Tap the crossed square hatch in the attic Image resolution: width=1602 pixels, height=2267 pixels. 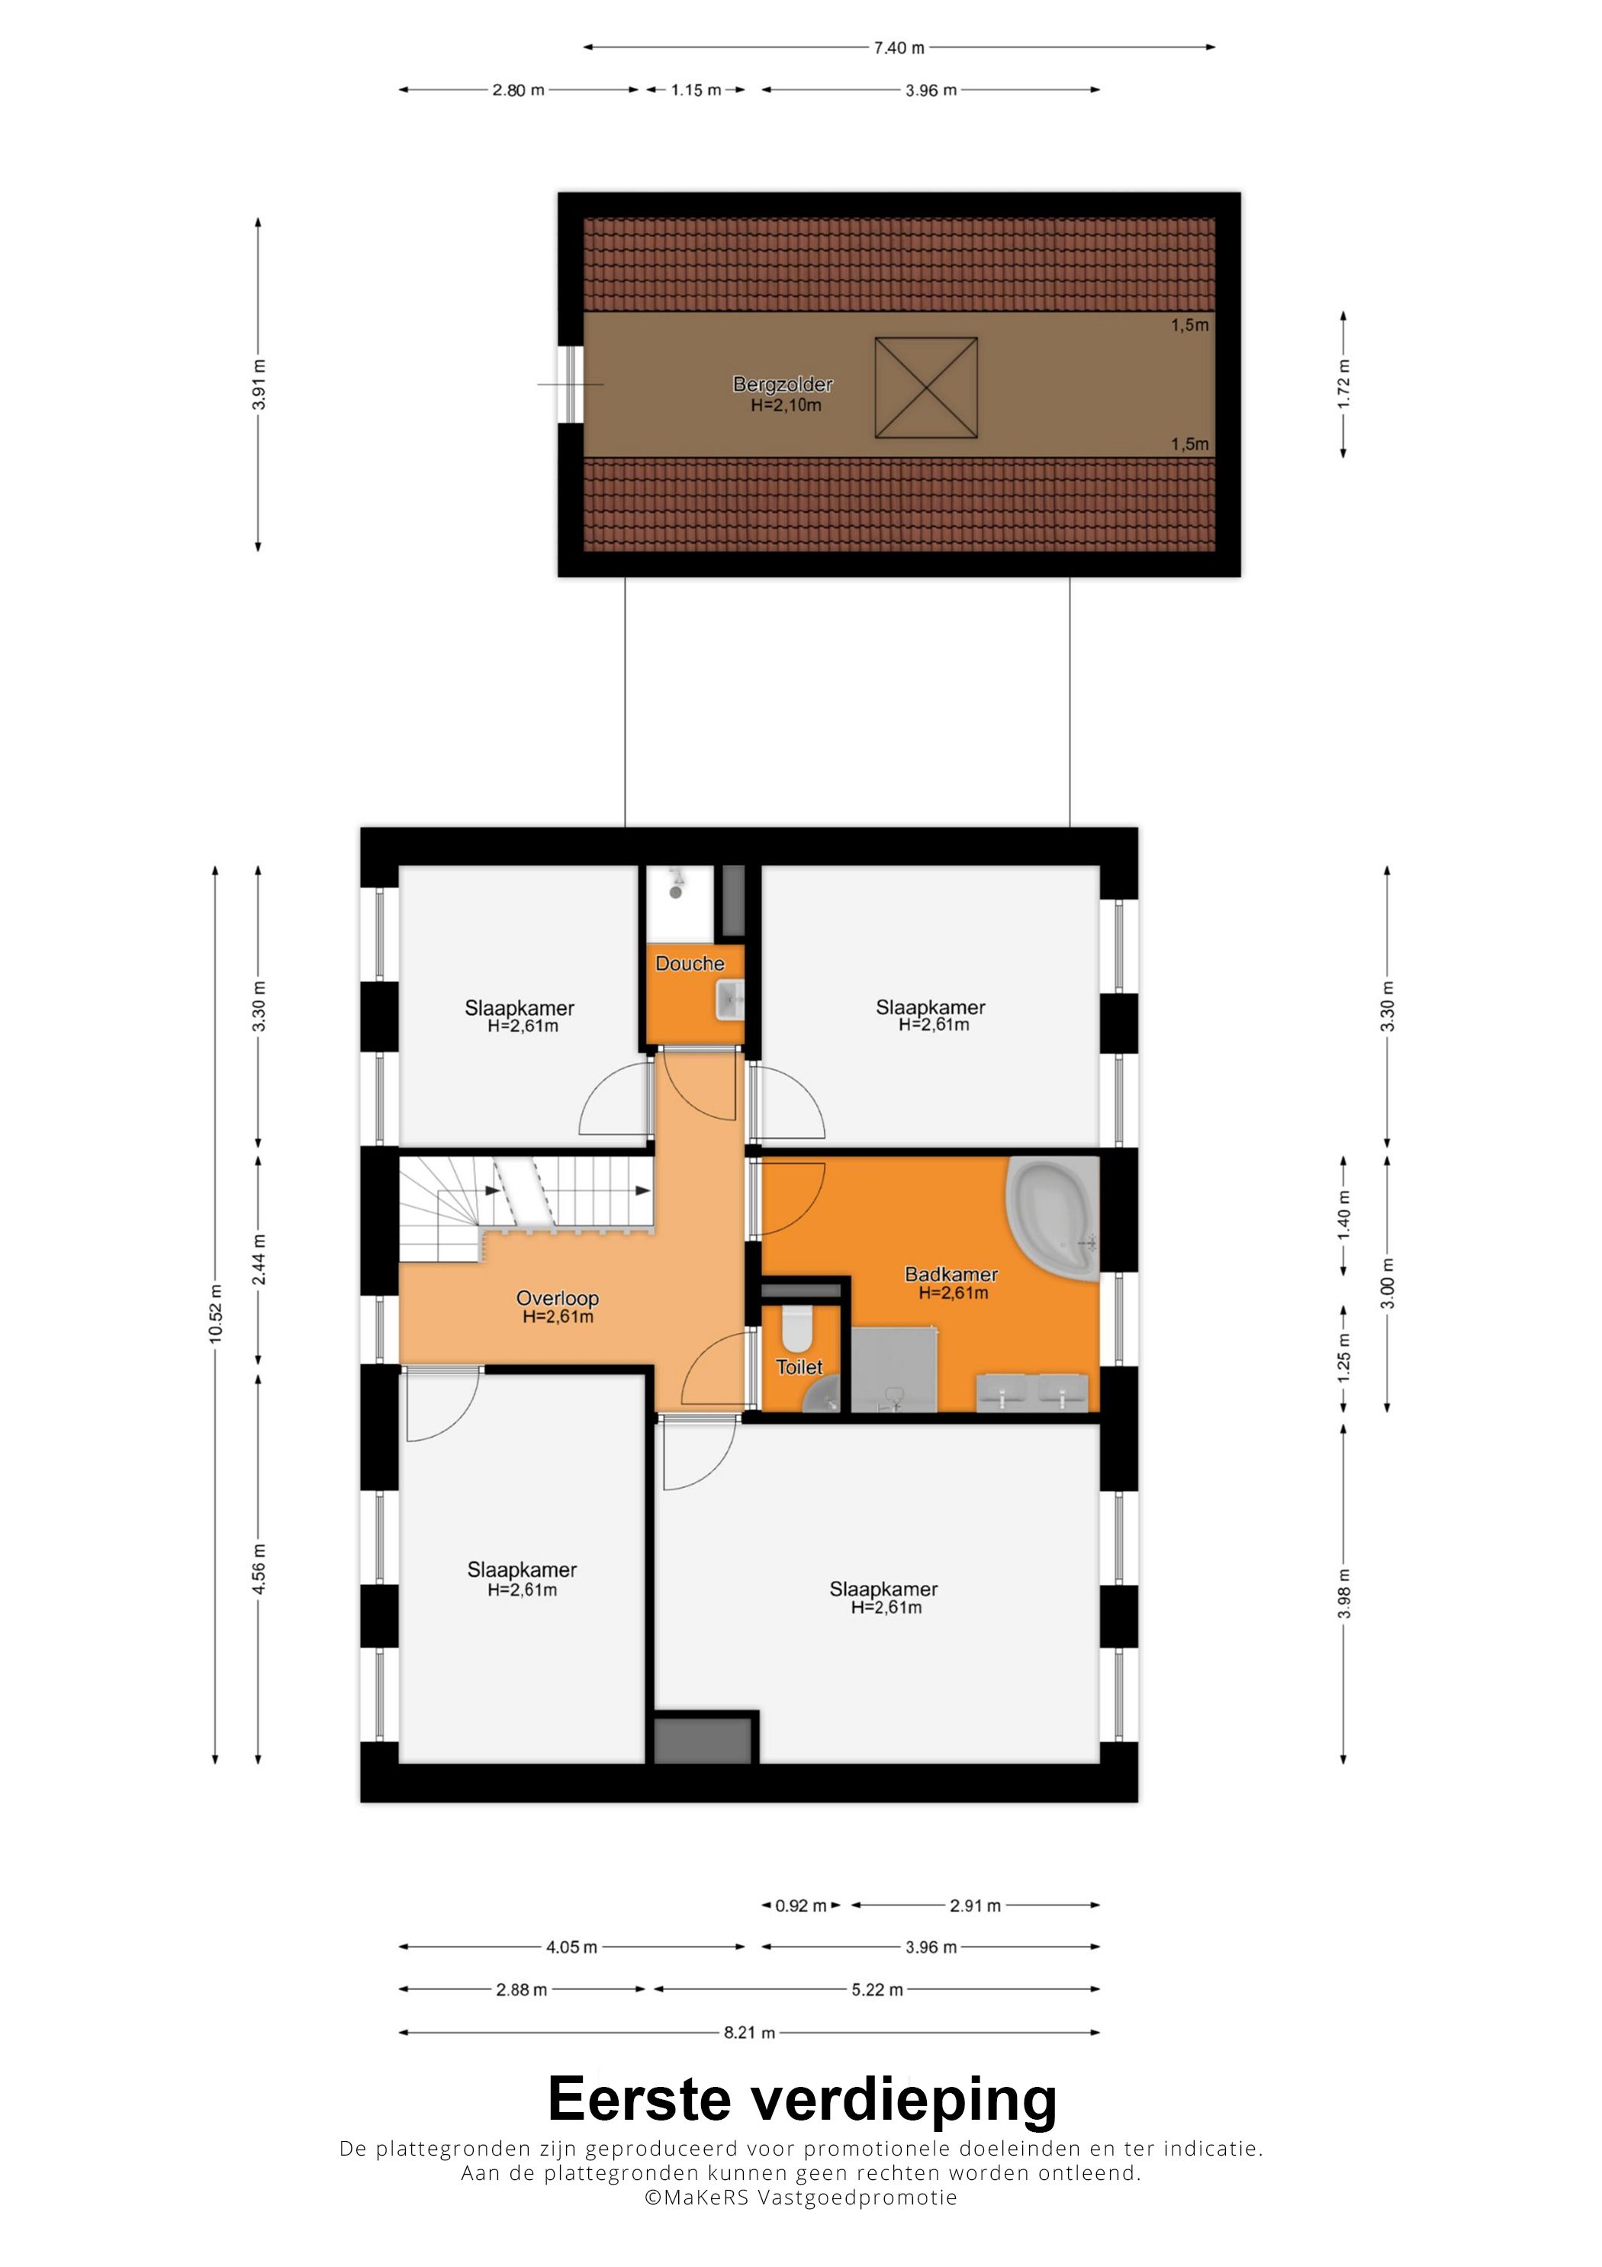[x=926, y=388]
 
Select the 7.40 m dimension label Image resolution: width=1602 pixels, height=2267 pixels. [x=898, y=47]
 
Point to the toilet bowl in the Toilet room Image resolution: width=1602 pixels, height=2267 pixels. [x=796, y=1329]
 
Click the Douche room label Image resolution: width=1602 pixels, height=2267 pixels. [x=689, y=964]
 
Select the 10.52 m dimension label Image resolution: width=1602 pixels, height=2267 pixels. [x=215, y=1313]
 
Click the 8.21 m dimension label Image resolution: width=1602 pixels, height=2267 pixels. [x=749, y=2032]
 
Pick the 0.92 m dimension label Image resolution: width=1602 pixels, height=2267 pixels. [x=800, y=1905]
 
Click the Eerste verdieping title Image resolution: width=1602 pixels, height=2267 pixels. [x=802, y=2099]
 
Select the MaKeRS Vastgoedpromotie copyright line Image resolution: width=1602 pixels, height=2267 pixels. [x=800, y=2197]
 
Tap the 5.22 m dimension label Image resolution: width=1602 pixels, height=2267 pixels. [x=877, y=1989]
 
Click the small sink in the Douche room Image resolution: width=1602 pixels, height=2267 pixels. [x=730, y=1001]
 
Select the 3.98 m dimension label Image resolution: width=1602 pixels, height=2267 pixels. [x=1343, y=1593]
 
